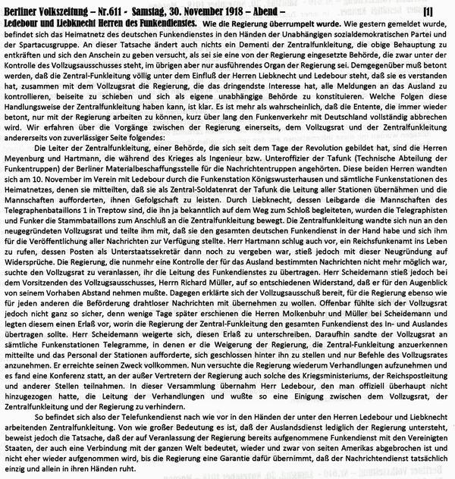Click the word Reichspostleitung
(413, 399)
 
